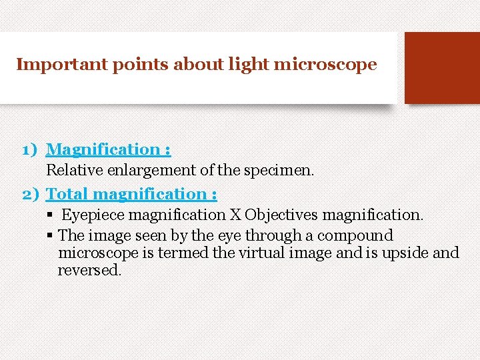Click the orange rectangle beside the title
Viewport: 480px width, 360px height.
pos(442,68)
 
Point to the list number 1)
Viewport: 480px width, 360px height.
pos(31,149)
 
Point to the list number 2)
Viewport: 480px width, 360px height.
pos(31,194)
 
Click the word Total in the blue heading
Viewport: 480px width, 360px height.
pos(68,194)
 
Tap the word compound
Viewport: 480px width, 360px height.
pos(355,235)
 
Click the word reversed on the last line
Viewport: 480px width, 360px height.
pos(89,270)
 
